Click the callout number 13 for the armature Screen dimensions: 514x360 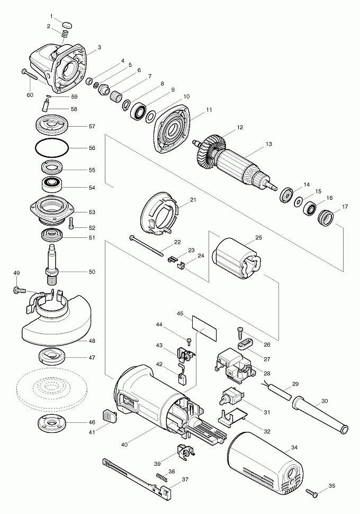(268, 144)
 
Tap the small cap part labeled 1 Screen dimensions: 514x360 (67, 24)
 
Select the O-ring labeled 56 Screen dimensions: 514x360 (52, 148)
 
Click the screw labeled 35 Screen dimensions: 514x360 (313, 494)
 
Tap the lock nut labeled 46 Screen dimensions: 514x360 (51, 423)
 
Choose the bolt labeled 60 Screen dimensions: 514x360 (32, 75)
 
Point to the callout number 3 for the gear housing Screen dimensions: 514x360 (99, 47)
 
